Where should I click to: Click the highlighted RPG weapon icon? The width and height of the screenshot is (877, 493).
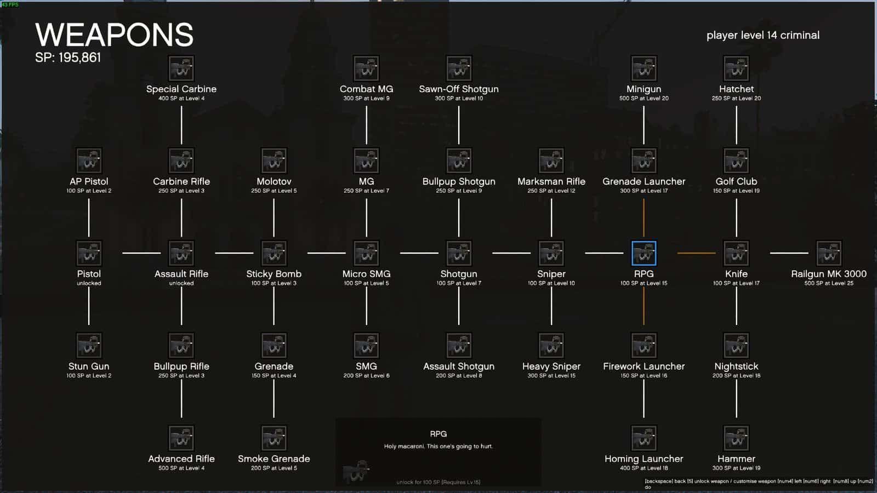(643, 253)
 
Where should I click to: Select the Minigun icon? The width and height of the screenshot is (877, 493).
(643, 68)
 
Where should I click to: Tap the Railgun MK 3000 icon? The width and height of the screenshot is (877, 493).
(829, 253)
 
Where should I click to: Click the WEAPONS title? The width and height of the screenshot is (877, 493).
(114, 35)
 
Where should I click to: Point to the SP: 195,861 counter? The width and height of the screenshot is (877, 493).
(68, 58)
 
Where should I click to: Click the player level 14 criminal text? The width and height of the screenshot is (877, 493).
(762, 35)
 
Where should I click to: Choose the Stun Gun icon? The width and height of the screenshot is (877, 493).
(89, 346)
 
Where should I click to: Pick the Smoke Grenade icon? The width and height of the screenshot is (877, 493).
(274, 438)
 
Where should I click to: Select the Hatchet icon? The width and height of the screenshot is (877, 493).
(736, 68)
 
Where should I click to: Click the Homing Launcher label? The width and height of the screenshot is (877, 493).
(643, 459)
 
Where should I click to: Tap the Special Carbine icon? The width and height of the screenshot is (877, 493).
(181, 68)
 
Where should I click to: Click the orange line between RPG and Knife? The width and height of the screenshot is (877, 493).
(696, 253)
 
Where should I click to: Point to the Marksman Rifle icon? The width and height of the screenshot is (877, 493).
(551, 161)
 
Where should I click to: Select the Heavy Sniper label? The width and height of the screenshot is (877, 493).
(551, 366)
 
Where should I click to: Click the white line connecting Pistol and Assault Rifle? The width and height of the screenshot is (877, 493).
(141, 253)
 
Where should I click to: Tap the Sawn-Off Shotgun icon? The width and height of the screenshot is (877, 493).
(459, 68)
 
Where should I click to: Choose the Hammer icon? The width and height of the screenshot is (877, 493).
(736, 438)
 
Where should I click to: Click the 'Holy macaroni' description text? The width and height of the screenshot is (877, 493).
(438, 446)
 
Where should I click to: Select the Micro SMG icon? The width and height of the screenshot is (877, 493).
(366, 253)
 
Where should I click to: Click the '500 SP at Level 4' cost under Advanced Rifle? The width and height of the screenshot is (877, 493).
(181, 468)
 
